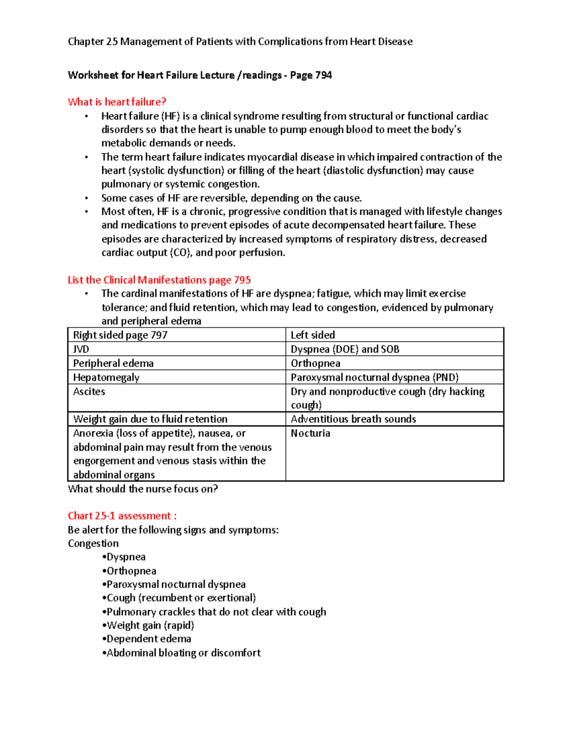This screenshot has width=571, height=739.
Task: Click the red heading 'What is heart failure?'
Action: (x=117, y=102)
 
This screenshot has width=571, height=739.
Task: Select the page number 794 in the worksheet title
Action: (x=324, y=75)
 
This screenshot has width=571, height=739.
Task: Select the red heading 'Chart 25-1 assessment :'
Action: (x=122, y=516)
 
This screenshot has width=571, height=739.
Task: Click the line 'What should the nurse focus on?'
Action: (x=143, y=489)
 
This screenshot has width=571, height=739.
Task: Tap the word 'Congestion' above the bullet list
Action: (x=93, y=543)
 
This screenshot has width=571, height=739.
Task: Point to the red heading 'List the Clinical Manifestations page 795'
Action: (x=159, y=280)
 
